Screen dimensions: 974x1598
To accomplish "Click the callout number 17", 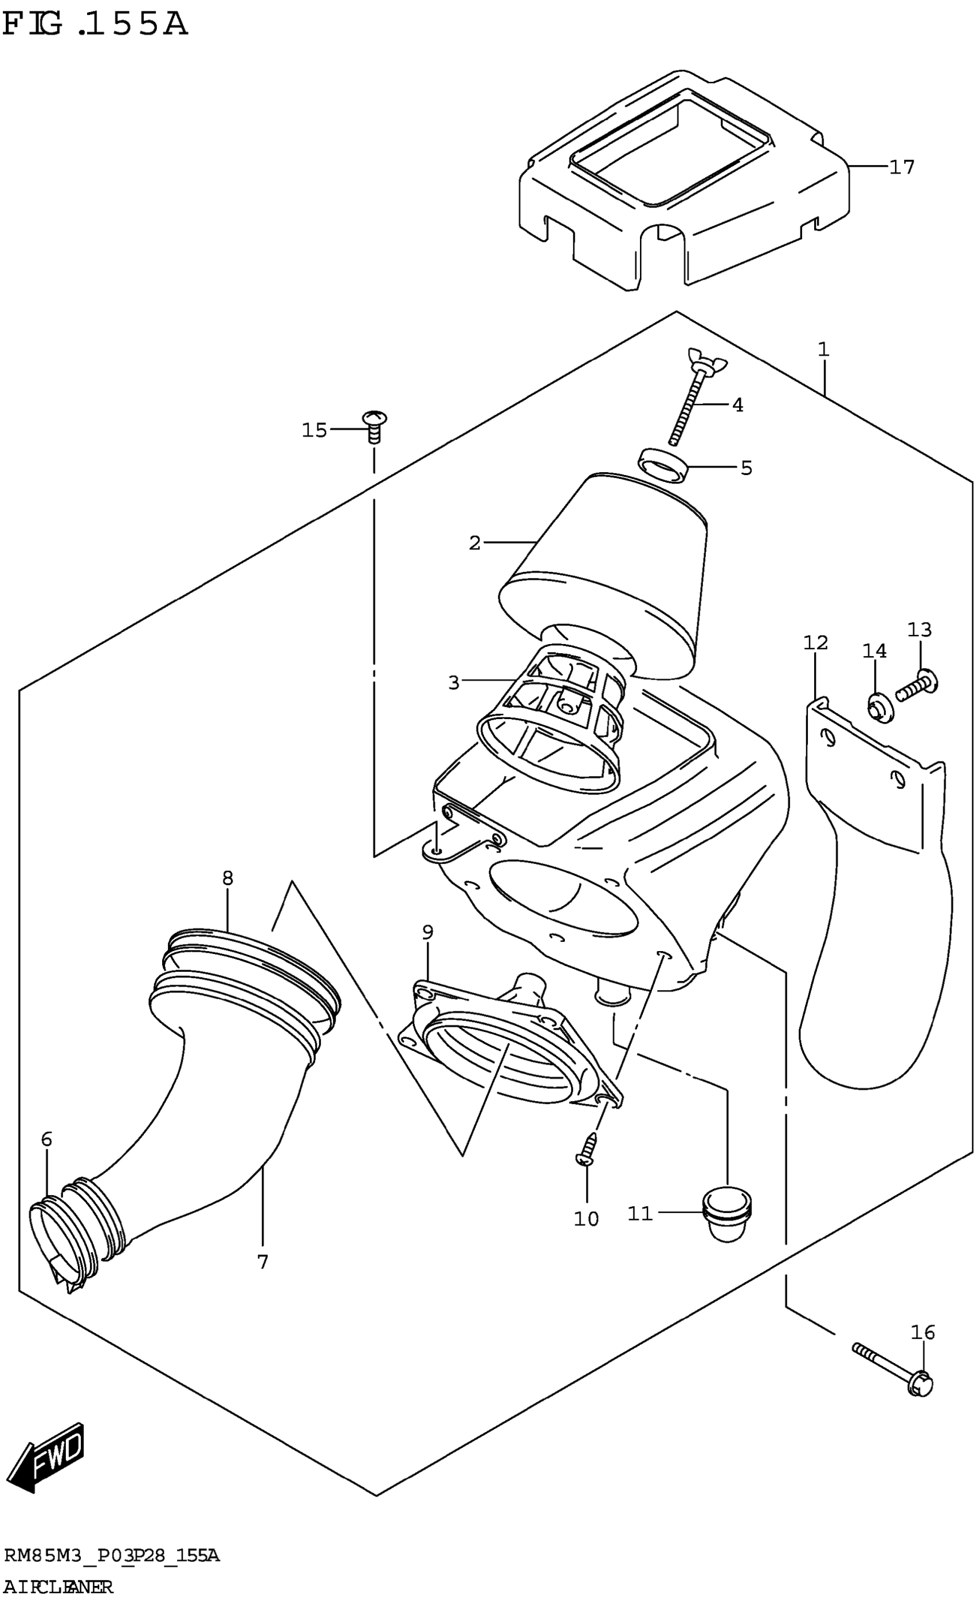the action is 901,167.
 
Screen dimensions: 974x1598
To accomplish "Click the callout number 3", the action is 453,682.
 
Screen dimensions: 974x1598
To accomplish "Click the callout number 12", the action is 815,643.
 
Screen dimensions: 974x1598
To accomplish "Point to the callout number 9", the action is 427,933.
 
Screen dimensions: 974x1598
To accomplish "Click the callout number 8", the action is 227,878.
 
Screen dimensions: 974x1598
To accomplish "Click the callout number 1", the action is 823,350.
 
